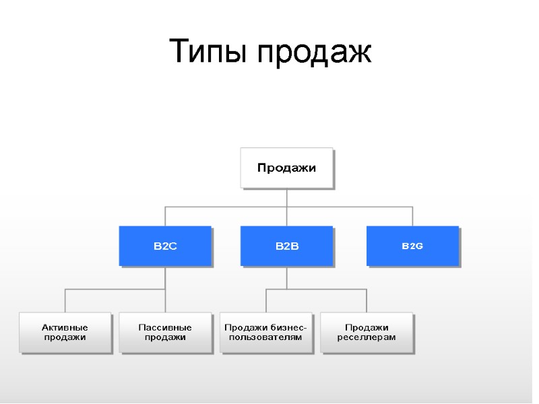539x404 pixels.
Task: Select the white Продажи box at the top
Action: pyautogui.click(x=286, y=168)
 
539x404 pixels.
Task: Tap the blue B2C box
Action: pyautogui.click(x=165, y=246)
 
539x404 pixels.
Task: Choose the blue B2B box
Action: pyautogui.click(x=286, y=246)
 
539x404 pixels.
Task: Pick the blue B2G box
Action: pyautogui.click(x=412, y=246)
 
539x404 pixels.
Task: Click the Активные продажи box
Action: pyautogui.click(x=65, y=332)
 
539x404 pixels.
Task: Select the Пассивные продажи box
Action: pyautogui.click(x=165, y=332)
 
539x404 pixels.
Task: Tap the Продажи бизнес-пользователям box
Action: pyautogui.click(x=266, y=332)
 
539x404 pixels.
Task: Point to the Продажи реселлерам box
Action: pyautogui.click(x=367, y=332)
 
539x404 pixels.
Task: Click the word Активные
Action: pyautogui.click(x=65, y=327)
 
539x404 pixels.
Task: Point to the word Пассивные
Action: pyautogui.click(x=165, y=327)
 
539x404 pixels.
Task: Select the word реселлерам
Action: pyautogui.click(x=367, y=337)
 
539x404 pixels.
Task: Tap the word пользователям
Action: pyautogui.click(x=266, y=337)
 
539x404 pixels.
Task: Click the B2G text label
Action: pyautogui.click(x=412, y=246)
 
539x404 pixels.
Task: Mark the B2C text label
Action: pyautogui.click(x=165, y=246)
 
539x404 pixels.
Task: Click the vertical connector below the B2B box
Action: pyautogui.click(x=286, y=277)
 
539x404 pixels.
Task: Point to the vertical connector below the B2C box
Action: pyautogui.click(x=165, y=277)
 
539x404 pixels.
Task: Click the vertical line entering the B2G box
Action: pyautogui.click(x=412, y=216)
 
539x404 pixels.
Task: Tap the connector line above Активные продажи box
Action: pyautogui.click(x=65, y=300)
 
